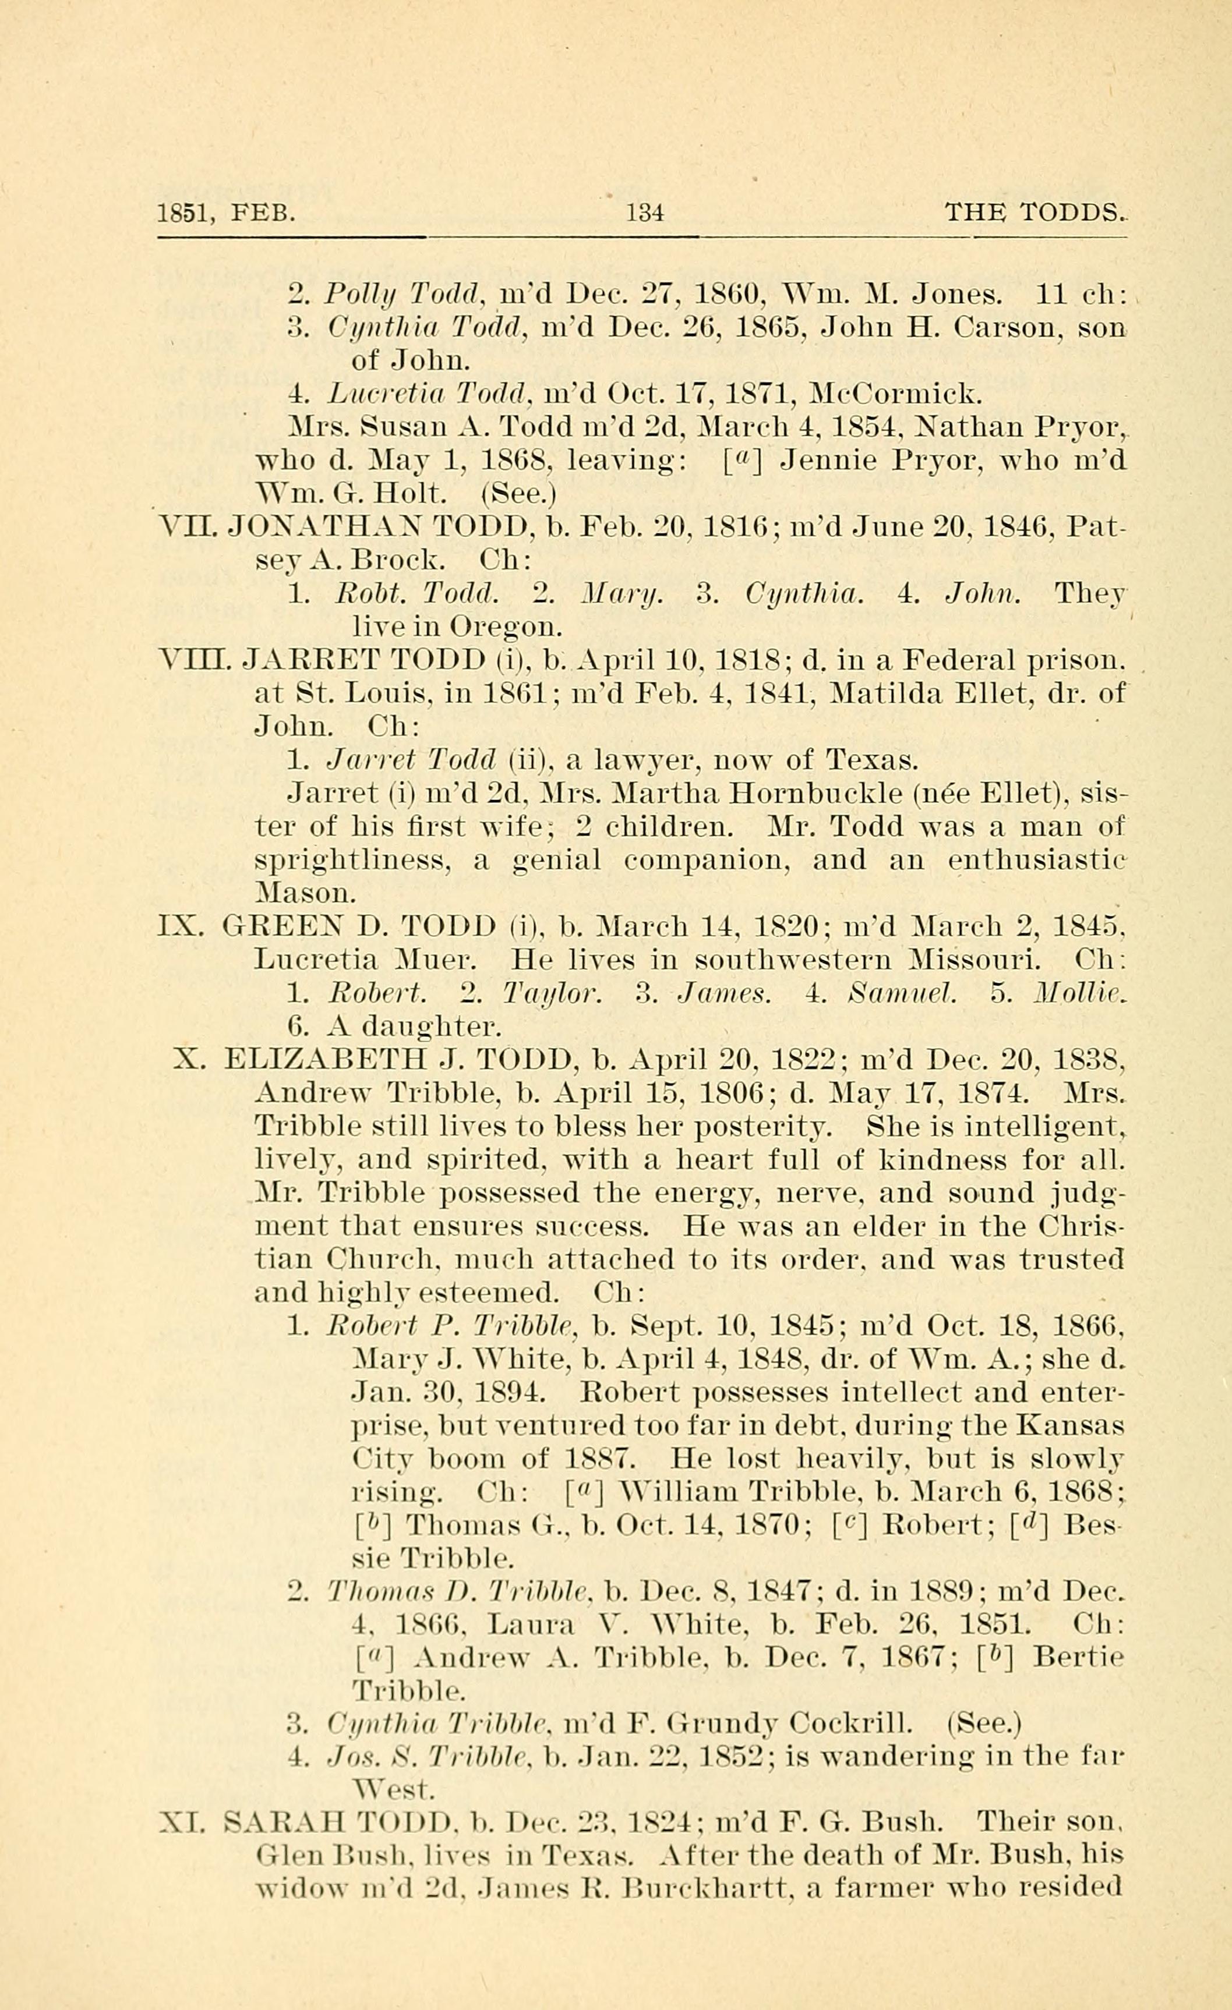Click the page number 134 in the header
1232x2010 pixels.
tap(645, 214)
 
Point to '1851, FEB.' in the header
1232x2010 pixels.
tap(225, 214)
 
